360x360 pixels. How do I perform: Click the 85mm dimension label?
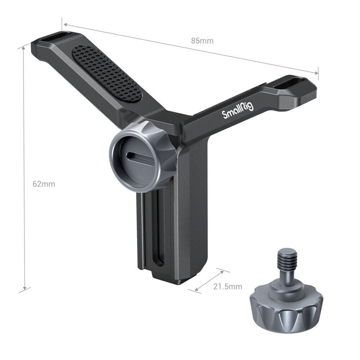pos(202,41)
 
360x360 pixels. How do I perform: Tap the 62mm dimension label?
pos(44,184)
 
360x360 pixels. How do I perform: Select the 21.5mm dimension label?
pos(228,287)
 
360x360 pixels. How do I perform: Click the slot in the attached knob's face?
pos(140,157)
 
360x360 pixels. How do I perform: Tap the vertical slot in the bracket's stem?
pos(159,234)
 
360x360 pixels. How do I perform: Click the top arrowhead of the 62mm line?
pos(24,49)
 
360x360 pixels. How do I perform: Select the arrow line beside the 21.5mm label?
pos(209,280)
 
